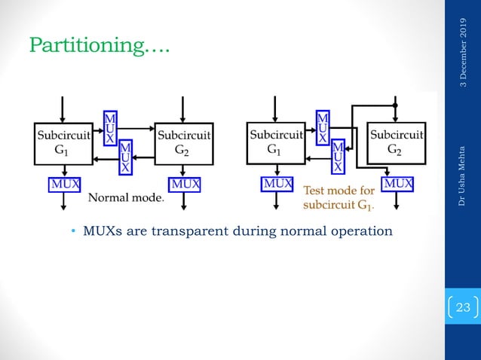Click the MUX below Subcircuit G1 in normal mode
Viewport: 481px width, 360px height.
(x=66, y=183)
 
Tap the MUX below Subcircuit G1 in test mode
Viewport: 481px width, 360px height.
(x=277, y=183)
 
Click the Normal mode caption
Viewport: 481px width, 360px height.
(x=126, y=198)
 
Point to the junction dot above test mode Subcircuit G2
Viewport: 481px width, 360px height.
(x=395, y=106)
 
